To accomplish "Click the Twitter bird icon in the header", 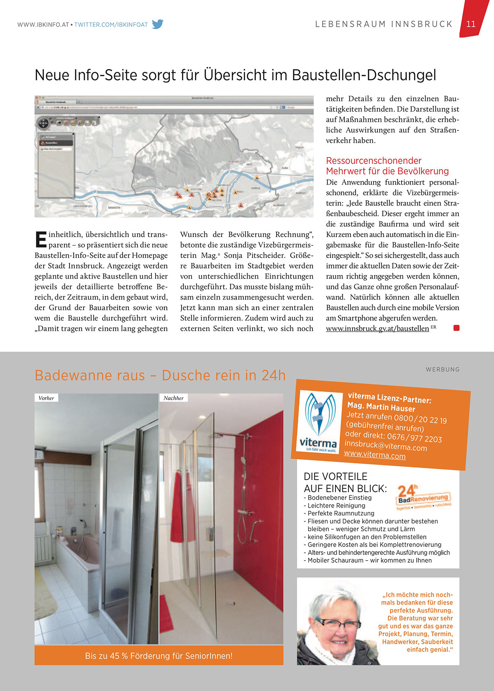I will pos(158,24).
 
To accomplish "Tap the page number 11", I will pos(471,24).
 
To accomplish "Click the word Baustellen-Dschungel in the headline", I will pos(364,75).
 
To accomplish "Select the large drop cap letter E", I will pos(41,240).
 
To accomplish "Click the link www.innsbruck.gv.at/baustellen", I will pos(377,329).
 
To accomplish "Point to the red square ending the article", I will pos(456,328).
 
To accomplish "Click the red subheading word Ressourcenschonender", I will pos(374,161).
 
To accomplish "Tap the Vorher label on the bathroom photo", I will pos(46,398).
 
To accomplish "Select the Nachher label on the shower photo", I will pos(174,398).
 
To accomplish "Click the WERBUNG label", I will pos(443,369).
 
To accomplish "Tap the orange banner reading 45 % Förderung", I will pos(159,655).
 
